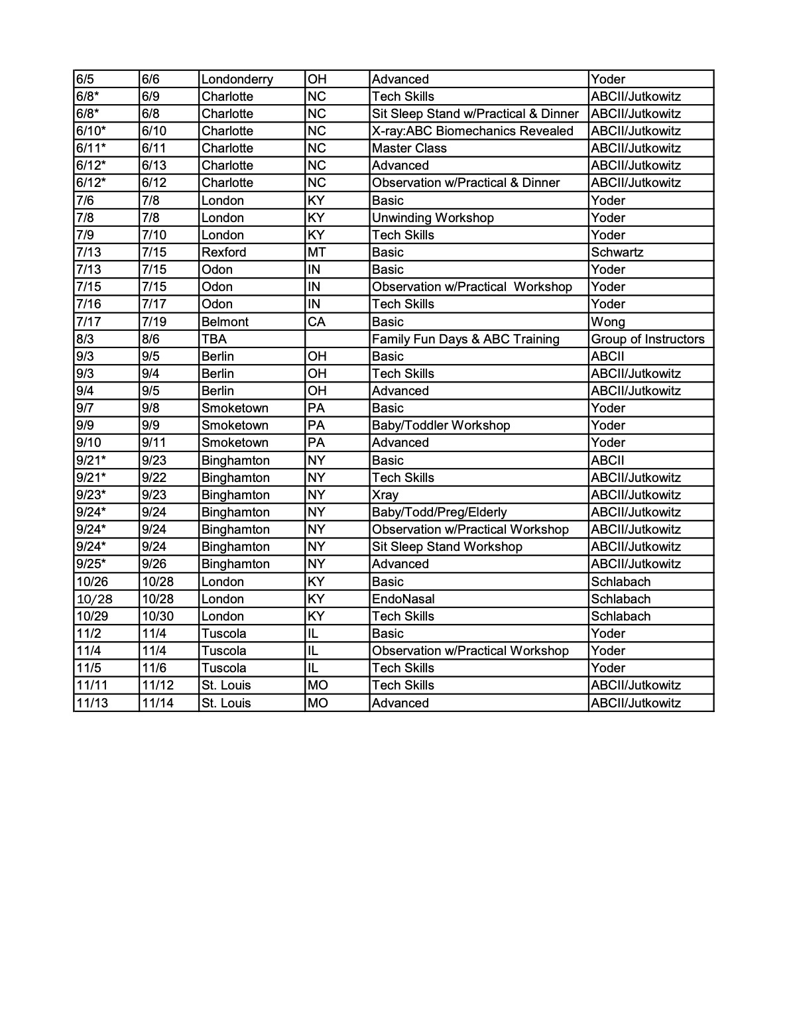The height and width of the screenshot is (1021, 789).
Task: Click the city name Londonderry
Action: coord(237,79)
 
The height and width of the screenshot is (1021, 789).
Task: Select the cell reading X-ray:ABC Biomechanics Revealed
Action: coord(472,131)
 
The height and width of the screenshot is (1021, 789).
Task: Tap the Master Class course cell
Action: coord(409,148)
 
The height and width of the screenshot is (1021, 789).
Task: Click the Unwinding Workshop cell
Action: coord(432,217)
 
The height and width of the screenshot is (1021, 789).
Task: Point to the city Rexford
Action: coord(223,252)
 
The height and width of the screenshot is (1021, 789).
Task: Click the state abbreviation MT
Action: coord(316,252)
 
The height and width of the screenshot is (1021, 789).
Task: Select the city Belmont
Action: coord(225,322)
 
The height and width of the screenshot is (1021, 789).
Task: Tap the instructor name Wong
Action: coord(607,322)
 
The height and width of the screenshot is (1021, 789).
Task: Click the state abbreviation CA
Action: coord(316,322)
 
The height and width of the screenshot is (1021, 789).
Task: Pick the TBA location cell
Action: coord(213,339)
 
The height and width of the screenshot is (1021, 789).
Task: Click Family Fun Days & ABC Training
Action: coord(465,339)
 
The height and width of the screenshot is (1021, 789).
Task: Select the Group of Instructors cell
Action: coord(647,339)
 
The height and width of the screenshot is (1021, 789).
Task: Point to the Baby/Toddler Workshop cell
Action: coord(441,425)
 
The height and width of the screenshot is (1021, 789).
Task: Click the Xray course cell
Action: coord(385,495)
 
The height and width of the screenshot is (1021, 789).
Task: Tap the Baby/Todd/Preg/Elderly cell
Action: coord(439,512)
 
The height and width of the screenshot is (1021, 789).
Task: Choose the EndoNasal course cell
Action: coord(403,599)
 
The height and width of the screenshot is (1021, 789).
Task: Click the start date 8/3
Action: coord(85,339)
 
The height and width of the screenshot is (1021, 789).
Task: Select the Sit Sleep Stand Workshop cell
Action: coord(447,546)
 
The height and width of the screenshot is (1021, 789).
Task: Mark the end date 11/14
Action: coord(158,703)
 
